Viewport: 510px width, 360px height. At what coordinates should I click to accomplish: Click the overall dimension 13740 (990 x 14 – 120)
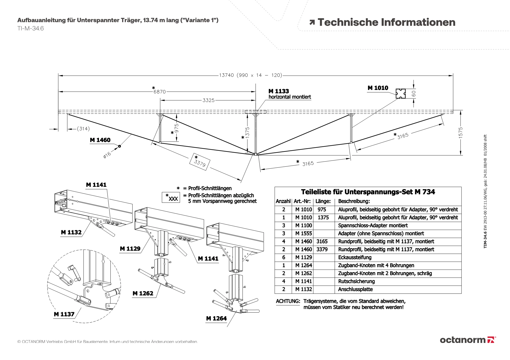point(250,75)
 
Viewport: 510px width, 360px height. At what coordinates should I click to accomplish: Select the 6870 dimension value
point(159,92)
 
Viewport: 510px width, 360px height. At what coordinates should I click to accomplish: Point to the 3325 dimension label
point(208,100)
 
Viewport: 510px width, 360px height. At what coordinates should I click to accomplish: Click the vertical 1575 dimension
point(460,133)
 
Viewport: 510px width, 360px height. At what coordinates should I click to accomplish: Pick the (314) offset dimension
point(83,129)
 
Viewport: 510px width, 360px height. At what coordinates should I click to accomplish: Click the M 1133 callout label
point(279,91)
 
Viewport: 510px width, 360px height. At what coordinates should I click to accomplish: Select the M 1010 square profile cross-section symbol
point(401,94)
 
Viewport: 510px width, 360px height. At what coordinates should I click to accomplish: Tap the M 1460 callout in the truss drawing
point(100,140)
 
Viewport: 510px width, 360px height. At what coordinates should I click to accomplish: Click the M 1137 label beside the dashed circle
point(64,314)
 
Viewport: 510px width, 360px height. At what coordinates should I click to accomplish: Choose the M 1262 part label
point(143,294)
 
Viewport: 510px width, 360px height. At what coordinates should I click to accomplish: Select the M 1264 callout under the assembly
point(216,318)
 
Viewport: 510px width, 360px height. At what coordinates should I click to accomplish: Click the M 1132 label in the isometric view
point(71,232)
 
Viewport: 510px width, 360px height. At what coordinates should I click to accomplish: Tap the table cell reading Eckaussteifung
point(355,257)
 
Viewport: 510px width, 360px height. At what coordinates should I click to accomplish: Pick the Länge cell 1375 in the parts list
point(323,218)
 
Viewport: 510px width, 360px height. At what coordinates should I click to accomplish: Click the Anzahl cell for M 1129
point(283,257)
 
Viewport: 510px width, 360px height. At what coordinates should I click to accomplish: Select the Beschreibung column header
point(354,201)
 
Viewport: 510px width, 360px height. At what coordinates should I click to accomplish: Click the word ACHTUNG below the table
point(288,301)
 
